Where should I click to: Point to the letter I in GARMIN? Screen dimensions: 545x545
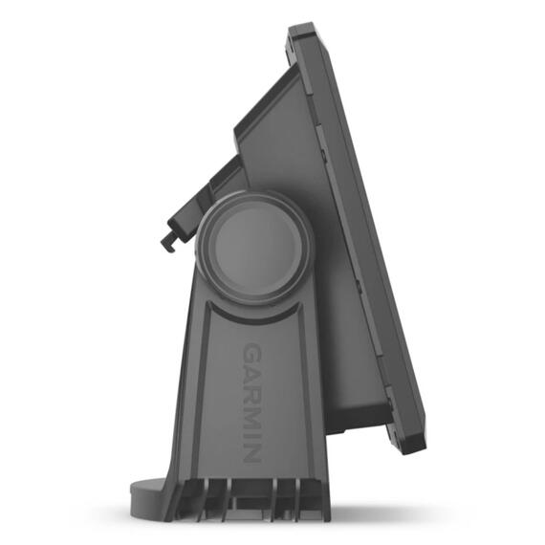click(251, 434)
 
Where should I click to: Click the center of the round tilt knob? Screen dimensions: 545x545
click(256, 248)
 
